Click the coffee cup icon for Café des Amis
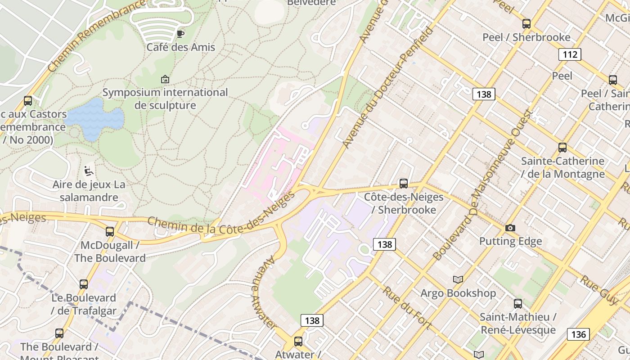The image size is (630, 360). tap(180, 34)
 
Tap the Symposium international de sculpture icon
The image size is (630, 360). tap(165, 79)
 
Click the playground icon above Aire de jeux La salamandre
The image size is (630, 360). tap(89, 171)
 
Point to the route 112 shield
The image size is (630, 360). tap(570, 55)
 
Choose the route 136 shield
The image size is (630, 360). tap(578, 334)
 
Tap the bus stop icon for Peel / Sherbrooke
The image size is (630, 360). tap(526, 24)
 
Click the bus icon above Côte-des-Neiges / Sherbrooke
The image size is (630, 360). tap(404, 184)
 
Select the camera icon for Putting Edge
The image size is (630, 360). tap(510, 228)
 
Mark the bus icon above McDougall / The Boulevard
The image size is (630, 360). tap(110, 232)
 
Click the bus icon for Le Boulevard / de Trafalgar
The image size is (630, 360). tap(84, 284)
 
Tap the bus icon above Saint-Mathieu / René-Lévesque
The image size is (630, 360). tap(518, 304)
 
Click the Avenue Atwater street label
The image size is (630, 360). tap(264, 292)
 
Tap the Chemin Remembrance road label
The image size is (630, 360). tap(97, 36)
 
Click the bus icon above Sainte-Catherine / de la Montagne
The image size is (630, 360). tap(562, 148)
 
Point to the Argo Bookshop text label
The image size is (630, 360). tap(458, 293)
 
